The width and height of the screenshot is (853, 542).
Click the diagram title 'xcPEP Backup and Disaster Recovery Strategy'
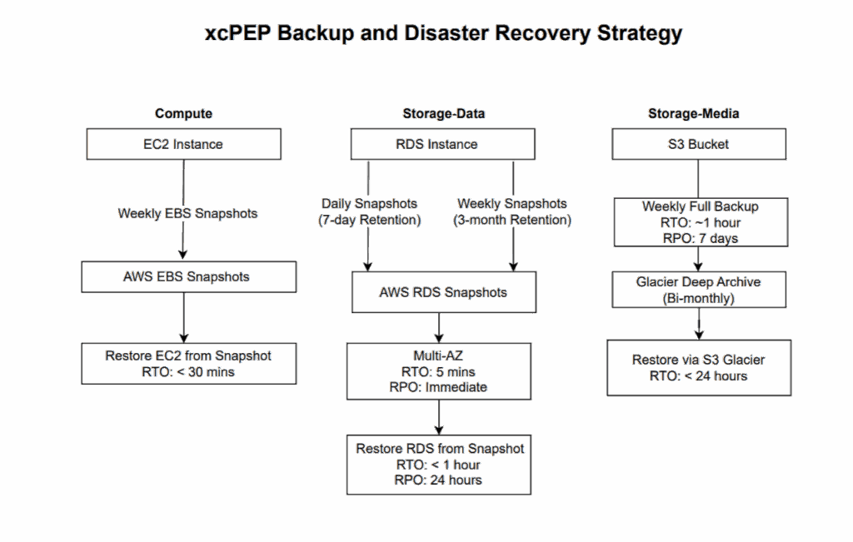pyautogui.click(x=443, y=33)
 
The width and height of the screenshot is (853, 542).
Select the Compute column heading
pyautogui.click(x=183, y=113)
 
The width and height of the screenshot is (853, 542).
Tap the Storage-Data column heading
pyautogui.click(x=443, y=113)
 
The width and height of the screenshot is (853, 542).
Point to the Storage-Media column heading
pyautogui.click(x=694, y=113)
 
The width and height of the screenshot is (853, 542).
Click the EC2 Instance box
pyautogui.click(x=183, y=144)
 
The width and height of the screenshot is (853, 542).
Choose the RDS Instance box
pyautogui.click(x=443, y=144)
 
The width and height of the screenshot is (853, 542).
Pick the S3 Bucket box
pyautogui.click(x=698, y=144)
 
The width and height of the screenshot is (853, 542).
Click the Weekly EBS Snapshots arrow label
pyautogui.click(x=187, y=214)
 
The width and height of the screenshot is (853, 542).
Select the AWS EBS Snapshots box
pyautogui.click(x=188, y=277)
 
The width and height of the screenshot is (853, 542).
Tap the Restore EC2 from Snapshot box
pyautogui.click(x=188, y=364)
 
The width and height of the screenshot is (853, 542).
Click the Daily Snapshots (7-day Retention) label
pyautogui.click(x=369, y=212)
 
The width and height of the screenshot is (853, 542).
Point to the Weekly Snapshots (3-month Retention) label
pyautogui.click(x=511, y=212)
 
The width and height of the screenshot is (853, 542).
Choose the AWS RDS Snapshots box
pyautogui.click(x=443, y=292)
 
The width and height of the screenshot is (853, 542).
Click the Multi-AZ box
pyautogui.click(x=438, y=370)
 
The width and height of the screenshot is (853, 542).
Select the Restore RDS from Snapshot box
pyautogui.click(x=439, y=464)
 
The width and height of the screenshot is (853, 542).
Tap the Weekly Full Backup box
pyautogui.click(x=700, y=222)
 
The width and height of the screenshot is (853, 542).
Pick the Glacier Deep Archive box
pyautogui.click(x=698, y=290)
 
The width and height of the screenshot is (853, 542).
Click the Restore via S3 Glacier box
pyautogui.click(x=698, y=368)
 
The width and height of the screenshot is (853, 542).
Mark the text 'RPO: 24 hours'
pyautogui.click(x=439, y=480)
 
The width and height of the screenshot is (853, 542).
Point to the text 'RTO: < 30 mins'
pyautogui.click(x=188, y=372)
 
